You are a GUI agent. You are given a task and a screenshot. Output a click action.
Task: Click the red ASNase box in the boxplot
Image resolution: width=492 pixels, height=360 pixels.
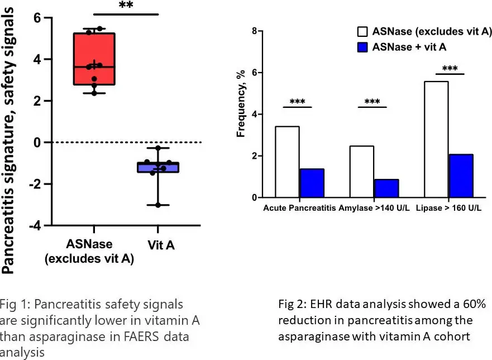(x=94, y=59)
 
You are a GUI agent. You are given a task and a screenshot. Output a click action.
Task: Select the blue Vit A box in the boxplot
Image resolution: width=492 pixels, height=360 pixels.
(x=158, y=167)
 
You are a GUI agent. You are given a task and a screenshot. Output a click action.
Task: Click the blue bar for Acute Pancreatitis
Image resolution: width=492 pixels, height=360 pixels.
(x=312, y=183)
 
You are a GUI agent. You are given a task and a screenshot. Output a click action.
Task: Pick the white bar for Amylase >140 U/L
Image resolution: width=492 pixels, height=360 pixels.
(x=361, y=171)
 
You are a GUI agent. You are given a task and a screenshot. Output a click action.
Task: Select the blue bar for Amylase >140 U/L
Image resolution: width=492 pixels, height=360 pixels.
(x=386, y=188)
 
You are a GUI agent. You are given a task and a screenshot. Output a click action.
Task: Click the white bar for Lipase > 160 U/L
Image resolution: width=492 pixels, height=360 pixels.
(x=436, y=139)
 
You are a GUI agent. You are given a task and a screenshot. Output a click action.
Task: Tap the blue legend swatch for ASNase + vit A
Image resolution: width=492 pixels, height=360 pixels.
(x=363, y=47)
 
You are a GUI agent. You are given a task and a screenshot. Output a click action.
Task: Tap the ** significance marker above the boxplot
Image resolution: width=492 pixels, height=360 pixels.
(x=126, y=6)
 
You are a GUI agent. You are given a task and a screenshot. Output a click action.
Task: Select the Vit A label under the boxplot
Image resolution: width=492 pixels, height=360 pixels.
(x=158, y=245)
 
